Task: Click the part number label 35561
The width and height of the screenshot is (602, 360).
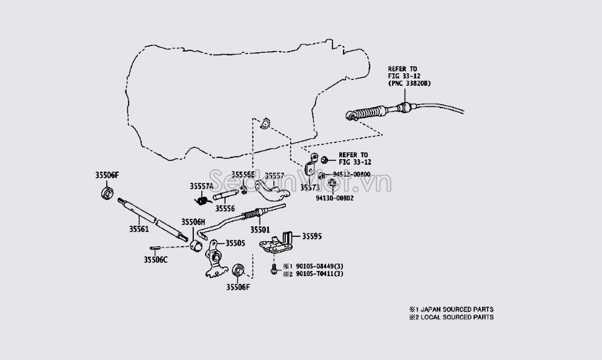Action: pos(139,229)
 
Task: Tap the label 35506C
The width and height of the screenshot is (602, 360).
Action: pos(156,259)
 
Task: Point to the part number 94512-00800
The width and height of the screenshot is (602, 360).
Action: pos(351,174)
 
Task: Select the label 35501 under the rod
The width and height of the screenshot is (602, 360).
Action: pos(260,229)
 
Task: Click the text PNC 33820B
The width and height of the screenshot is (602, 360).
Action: pos(410,82)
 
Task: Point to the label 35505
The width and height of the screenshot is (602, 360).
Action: pos(235,243)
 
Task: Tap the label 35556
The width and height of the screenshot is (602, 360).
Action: pos(225,209)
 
